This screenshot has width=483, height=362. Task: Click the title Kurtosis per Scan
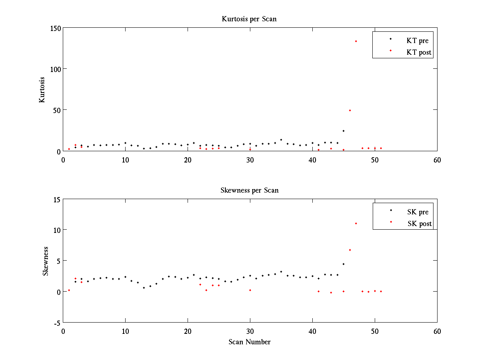[x=249, y=19]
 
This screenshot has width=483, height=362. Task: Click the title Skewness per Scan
[x=249, y=190]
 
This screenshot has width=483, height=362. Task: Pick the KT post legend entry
[x=419, y=52]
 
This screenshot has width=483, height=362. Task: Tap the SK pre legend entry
[x=418, y=212]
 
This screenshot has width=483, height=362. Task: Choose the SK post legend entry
[x=419, y=224]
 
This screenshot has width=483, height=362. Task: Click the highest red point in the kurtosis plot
[x=356, y=41]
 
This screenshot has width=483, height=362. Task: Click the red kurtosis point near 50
[x=350, y=110]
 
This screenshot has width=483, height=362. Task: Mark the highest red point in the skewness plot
[x=356, y=223]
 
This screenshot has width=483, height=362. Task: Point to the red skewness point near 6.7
[x=350, y=250]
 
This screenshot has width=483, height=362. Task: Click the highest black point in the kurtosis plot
[x=343, y=131]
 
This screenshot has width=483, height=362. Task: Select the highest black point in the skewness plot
[x=343, y=264]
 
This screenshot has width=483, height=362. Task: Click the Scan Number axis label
[x=250, y=342]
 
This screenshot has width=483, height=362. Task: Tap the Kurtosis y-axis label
[x=42, y=89]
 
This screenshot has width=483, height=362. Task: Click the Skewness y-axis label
[x=46, y=261]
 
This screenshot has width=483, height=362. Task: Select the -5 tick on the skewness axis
[x=56, y=323]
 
